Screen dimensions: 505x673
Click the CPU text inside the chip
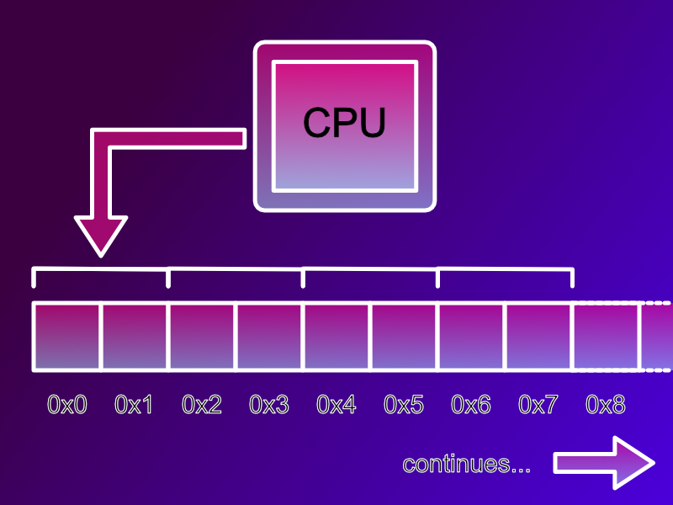[x=344, y=123]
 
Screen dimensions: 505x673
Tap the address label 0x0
[x=67, y=405]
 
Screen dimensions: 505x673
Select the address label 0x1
[x=135, y=405]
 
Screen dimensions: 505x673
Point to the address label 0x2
[x=202, y=405]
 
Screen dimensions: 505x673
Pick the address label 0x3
[x=269, y=405]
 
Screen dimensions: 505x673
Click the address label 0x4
[x=336, y=405]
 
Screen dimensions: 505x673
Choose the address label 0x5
[x=404, y=405]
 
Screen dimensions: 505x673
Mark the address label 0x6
[x=471, y=405]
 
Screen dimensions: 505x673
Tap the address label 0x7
[x=538, y=405]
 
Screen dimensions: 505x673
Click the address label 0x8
[x=606, y=405]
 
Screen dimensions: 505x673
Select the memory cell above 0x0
[x=67, y=337]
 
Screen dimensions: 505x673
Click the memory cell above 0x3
[x=269, y=337]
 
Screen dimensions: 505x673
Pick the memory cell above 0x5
[x=404, y=337]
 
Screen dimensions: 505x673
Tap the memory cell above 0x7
[x=538, y=337]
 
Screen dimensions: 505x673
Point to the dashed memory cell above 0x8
[x=606, y=337]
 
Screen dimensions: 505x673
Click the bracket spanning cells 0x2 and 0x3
[x=236, y=270]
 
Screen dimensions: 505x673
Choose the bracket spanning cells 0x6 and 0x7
[x=505, y=270]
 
